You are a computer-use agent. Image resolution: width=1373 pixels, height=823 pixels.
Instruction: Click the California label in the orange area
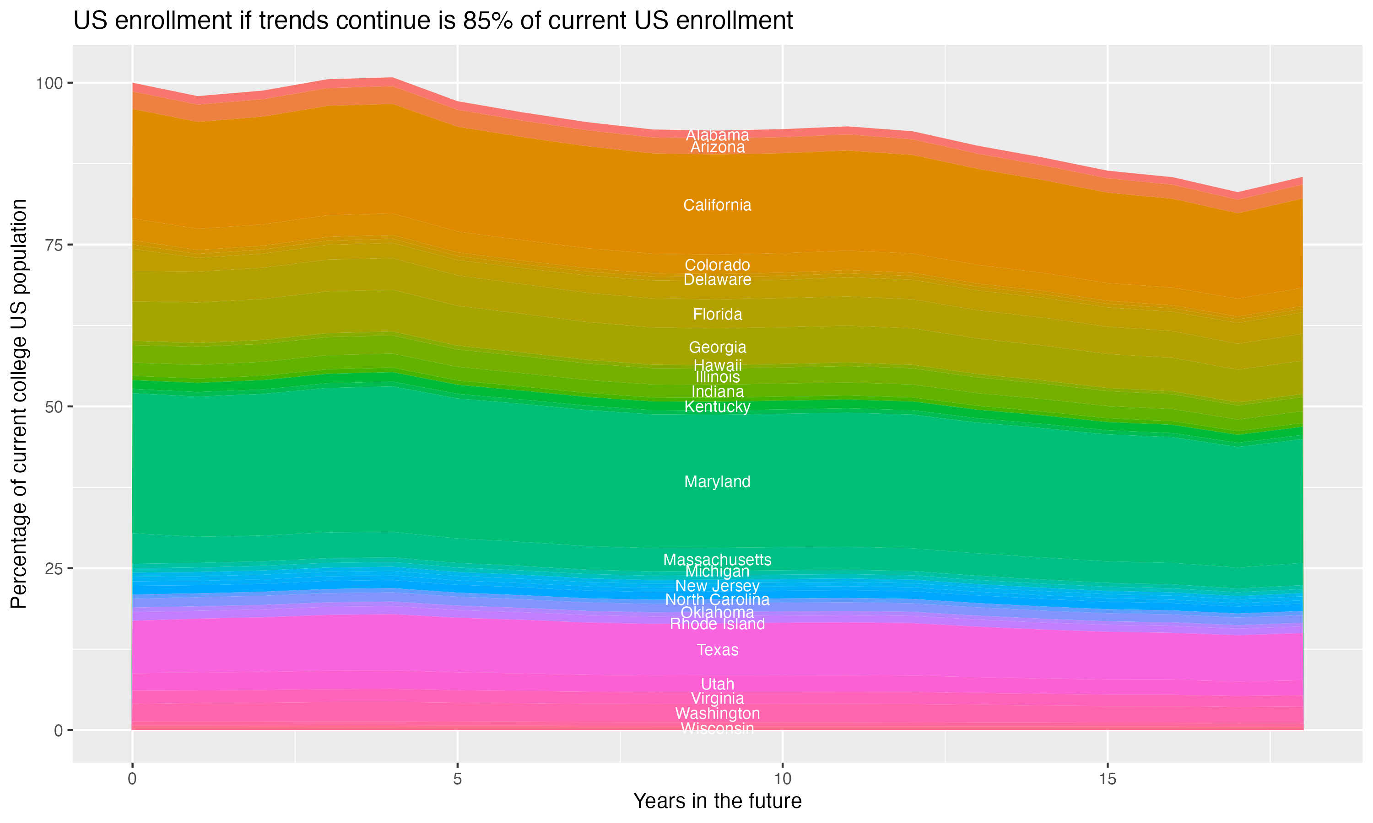(x=717, y=205)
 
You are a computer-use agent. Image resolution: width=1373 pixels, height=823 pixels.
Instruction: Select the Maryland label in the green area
(x=717, y=481)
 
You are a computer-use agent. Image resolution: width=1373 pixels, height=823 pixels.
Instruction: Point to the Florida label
(x=717, y=315)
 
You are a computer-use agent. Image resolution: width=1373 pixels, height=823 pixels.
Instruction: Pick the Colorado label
(x=717, y=265)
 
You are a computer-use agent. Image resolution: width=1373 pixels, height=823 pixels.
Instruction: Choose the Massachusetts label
(x=717, y=560)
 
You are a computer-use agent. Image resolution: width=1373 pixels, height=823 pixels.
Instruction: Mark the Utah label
(x=717, y=684)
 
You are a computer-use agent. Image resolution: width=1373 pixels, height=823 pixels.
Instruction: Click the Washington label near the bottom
(x=717, y=713)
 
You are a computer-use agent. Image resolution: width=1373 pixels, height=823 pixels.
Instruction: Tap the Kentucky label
(x=717, y=406)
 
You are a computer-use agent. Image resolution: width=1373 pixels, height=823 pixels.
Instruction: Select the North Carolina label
(x=717, y=599)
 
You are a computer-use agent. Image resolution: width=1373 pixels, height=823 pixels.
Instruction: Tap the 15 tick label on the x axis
(x=1107, y=779)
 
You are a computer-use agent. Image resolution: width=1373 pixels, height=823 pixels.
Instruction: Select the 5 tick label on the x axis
(x=457, y=779)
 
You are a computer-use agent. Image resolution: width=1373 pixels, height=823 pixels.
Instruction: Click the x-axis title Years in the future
(x=717, y=801)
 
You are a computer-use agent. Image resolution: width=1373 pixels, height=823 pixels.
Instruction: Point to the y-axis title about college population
(x=19, y=403)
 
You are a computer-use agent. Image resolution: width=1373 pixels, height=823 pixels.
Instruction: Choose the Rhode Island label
(x=717, y=624)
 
